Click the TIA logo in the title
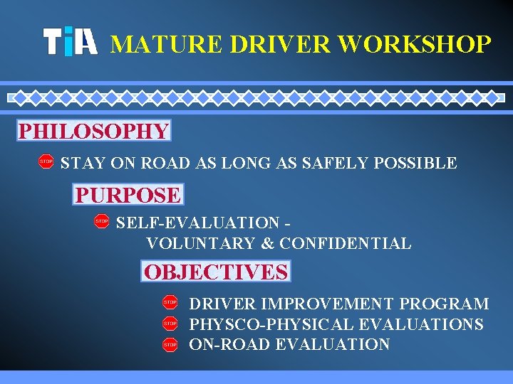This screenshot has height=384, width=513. (x=70, y=43)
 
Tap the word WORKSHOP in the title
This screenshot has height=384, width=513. (x=415, y=44)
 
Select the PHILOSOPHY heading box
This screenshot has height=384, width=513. (x=94, y=132)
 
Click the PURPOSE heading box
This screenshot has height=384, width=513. (x=128, y=194)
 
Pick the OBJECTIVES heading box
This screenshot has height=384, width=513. (x=216, y=272)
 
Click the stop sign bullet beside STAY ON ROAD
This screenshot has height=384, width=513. (x=46, y=162)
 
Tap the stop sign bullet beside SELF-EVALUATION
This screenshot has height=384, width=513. (x=101, y=223)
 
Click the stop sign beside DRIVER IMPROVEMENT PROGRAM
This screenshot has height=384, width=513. (x=170, y=303)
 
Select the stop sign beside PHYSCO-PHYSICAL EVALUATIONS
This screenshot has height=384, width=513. (x=170, y=324)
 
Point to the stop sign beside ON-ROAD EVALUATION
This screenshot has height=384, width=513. (x=170, y=344)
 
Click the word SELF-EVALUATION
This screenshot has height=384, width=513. (x=198, y=223)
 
